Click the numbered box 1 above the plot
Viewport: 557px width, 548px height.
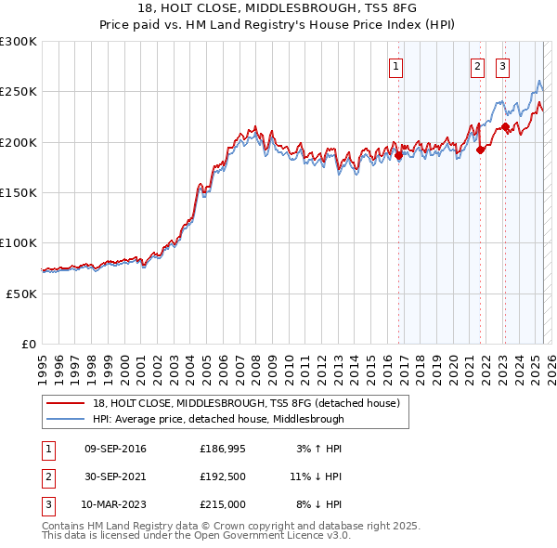click(x=396, y=66)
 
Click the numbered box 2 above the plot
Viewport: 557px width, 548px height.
click(x=477, y=66)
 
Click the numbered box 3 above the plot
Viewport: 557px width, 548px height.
click(x=502, y=66)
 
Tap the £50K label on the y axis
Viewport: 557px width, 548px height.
click(x=22, y=293)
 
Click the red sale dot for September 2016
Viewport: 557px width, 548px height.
click(x=399, y=156)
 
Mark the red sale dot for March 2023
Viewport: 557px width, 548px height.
click(x=505, y=127)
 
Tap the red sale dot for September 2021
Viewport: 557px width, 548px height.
click(x=481, y=150)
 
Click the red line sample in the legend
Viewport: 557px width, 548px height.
click(x=66, y=403)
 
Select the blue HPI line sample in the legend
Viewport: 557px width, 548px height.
click(x=66, y=419)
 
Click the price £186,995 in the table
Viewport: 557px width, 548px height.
click(x=223, y=449)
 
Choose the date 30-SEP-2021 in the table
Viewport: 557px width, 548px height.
click(x=115, y=476)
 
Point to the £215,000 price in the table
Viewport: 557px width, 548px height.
click(x=223, y=504)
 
